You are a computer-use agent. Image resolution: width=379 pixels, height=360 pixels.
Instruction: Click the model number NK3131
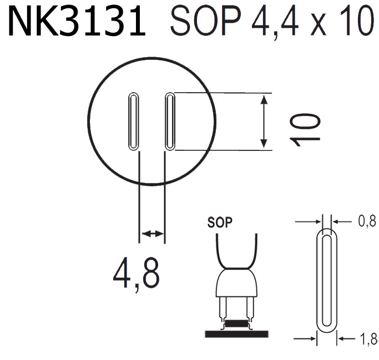coord(77,23)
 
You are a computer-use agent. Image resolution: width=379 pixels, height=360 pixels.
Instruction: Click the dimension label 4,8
coord(137,271)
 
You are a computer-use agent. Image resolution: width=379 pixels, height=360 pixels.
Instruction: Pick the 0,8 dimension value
coord(366,221)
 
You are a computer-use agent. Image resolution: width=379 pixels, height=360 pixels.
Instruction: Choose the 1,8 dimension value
coord(366,338)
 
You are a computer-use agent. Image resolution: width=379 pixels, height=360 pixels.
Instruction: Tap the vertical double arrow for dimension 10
coord(265,121)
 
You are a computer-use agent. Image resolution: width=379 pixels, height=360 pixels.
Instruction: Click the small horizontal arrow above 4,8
coord(153,234)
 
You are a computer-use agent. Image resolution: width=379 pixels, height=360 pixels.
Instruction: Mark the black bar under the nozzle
coord(236,333)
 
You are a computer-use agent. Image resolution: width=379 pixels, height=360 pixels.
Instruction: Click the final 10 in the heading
coord(353,23)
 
